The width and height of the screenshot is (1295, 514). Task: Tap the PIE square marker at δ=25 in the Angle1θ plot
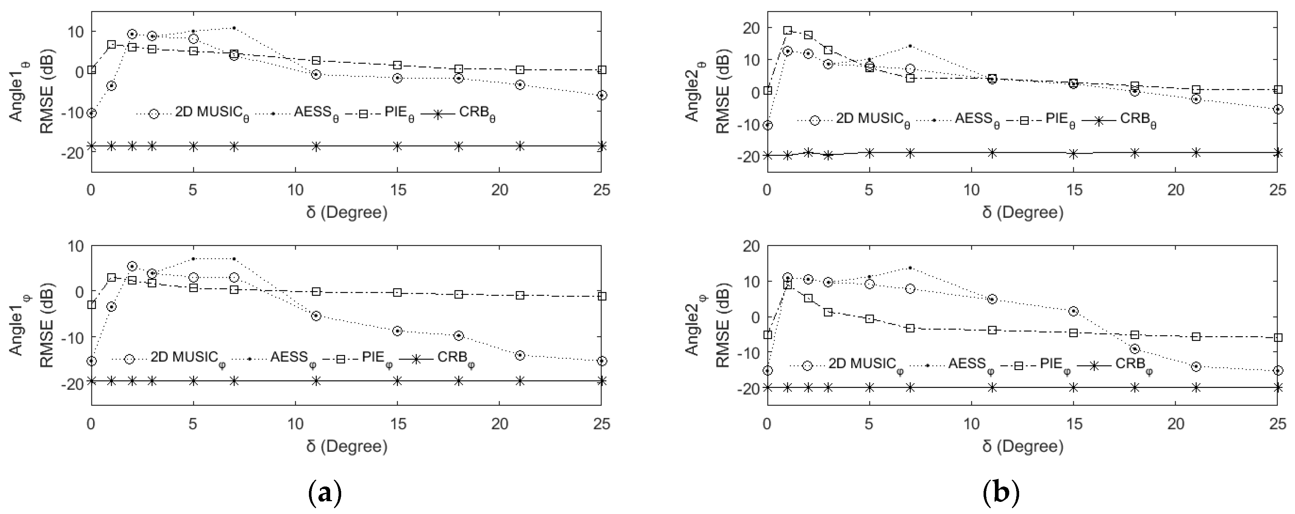click(x=602, y=70)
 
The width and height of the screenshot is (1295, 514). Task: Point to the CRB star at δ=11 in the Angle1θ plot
click(x=316, y=146)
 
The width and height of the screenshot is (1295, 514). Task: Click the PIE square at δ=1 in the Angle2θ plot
click(x=788, y=30)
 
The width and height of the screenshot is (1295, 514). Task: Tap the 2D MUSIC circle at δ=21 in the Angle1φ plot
click(x=520, y=355)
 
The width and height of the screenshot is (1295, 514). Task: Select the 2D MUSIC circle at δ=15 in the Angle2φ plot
click(x=1073, y=311)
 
